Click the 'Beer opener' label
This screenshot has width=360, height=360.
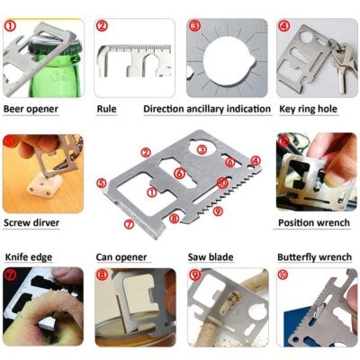point(31,109)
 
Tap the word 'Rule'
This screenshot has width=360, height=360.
point(106,109)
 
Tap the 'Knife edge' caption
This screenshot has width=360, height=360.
point(29,256)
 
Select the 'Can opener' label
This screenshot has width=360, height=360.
point(122,256)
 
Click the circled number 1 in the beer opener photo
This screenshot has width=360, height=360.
point(10,26)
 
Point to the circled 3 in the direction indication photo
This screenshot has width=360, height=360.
point(194,26)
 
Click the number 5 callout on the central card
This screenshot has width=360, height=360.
point(102,182)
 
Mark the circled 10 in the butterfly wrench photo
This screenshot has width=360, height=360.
point(284,276)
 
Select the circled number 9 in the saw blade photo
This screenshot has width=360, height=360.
point(194,276)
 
